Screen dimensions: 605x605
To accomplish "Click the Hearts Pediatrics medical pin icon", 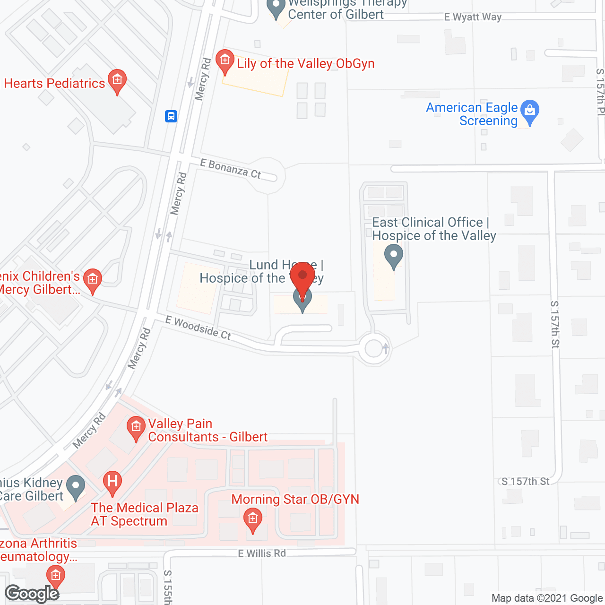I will (x=117, y=80).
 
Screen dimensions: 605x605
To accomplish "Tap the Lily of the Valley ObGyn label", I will (x=305, y=64).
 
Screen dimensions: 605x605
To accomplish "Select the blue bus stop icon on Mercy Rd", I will (x=171, y=116).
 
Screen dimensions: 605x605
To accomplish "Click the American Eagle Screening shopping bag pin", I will (x=530, y=111).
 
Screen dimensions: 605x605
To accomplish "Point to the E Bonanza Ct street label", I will (x=230, y=169).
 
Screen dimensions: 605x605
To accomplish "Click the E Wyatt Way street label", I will (x=473, y=17).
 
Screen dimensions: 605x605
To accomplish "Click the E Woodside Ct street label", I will (x=198, y=328).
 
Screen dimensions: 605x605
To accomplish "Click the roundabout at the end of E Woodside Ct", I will (x=374, y=349).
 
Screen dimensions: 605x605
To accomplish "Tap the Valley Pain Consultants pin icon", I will (x=136, y=427).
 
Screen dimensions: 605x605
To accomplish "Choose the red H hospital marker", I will (x=112, y=482).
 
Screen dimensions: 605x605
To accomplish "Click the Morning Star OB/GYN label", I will (x=295, y=499).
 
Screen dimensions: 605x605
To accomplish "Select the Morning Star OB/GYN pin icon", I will (x=253, y=519).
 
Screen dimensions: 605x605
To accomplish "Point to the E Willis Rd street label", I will (x=262, y=553).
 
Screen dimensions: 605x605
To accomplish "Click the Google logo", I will (x=32, y=593).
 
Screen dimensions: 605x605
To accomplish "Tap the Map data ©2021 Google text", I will (x=547, y=598).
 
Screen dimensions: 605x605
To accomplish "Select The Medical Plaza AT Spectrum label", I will (x=145, y=514).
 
